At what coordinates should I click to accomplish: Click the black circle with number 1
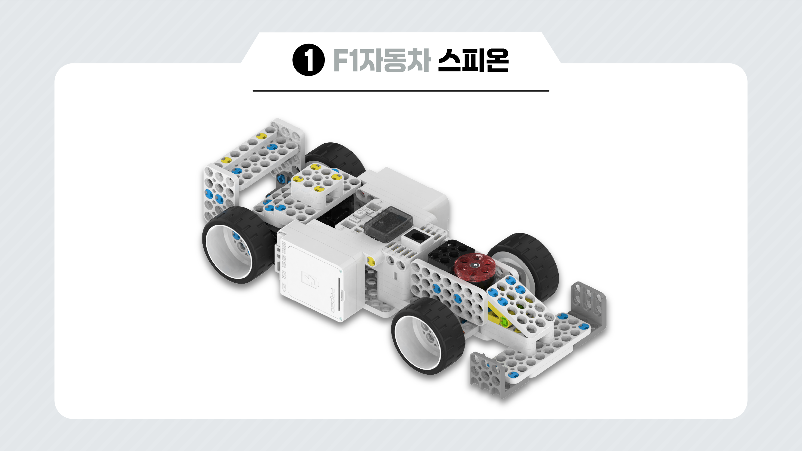pos(308,60)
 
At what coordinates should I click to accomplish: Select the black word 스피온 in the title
pos(473,60)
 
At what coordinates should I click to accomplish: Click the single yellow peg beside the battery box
pos(370,261)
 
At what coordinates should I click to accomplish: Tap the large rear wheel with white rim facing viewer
pos(238,246)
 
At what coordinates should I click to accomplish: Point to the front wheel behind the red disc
pos(529,264)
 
